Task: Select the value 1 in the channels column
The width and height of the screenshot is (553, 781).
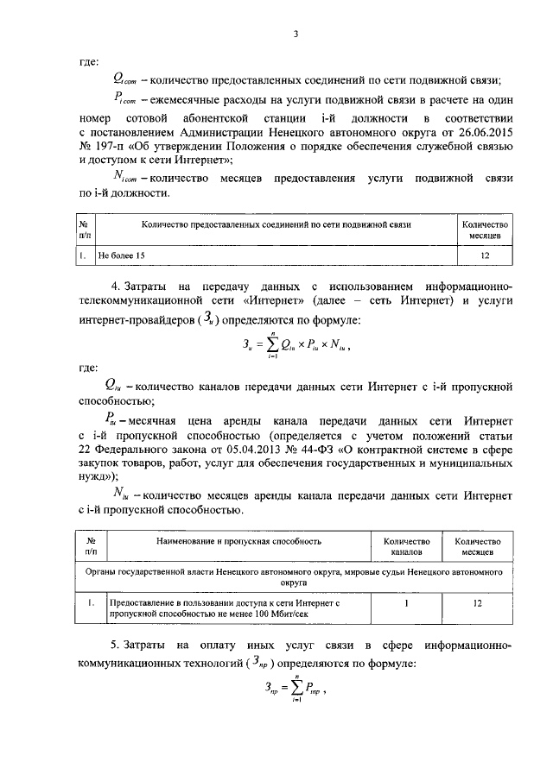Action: click(x=406, y=604)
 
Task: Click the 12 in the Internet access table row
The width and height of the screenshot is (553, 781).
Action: click(x=477, y=604)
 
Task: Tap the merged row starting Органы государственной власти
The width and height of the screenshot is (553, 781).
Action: click(x=294, y=576)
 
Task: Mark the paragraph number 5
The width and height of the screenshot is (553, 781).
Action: click(x=113, y=646)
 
